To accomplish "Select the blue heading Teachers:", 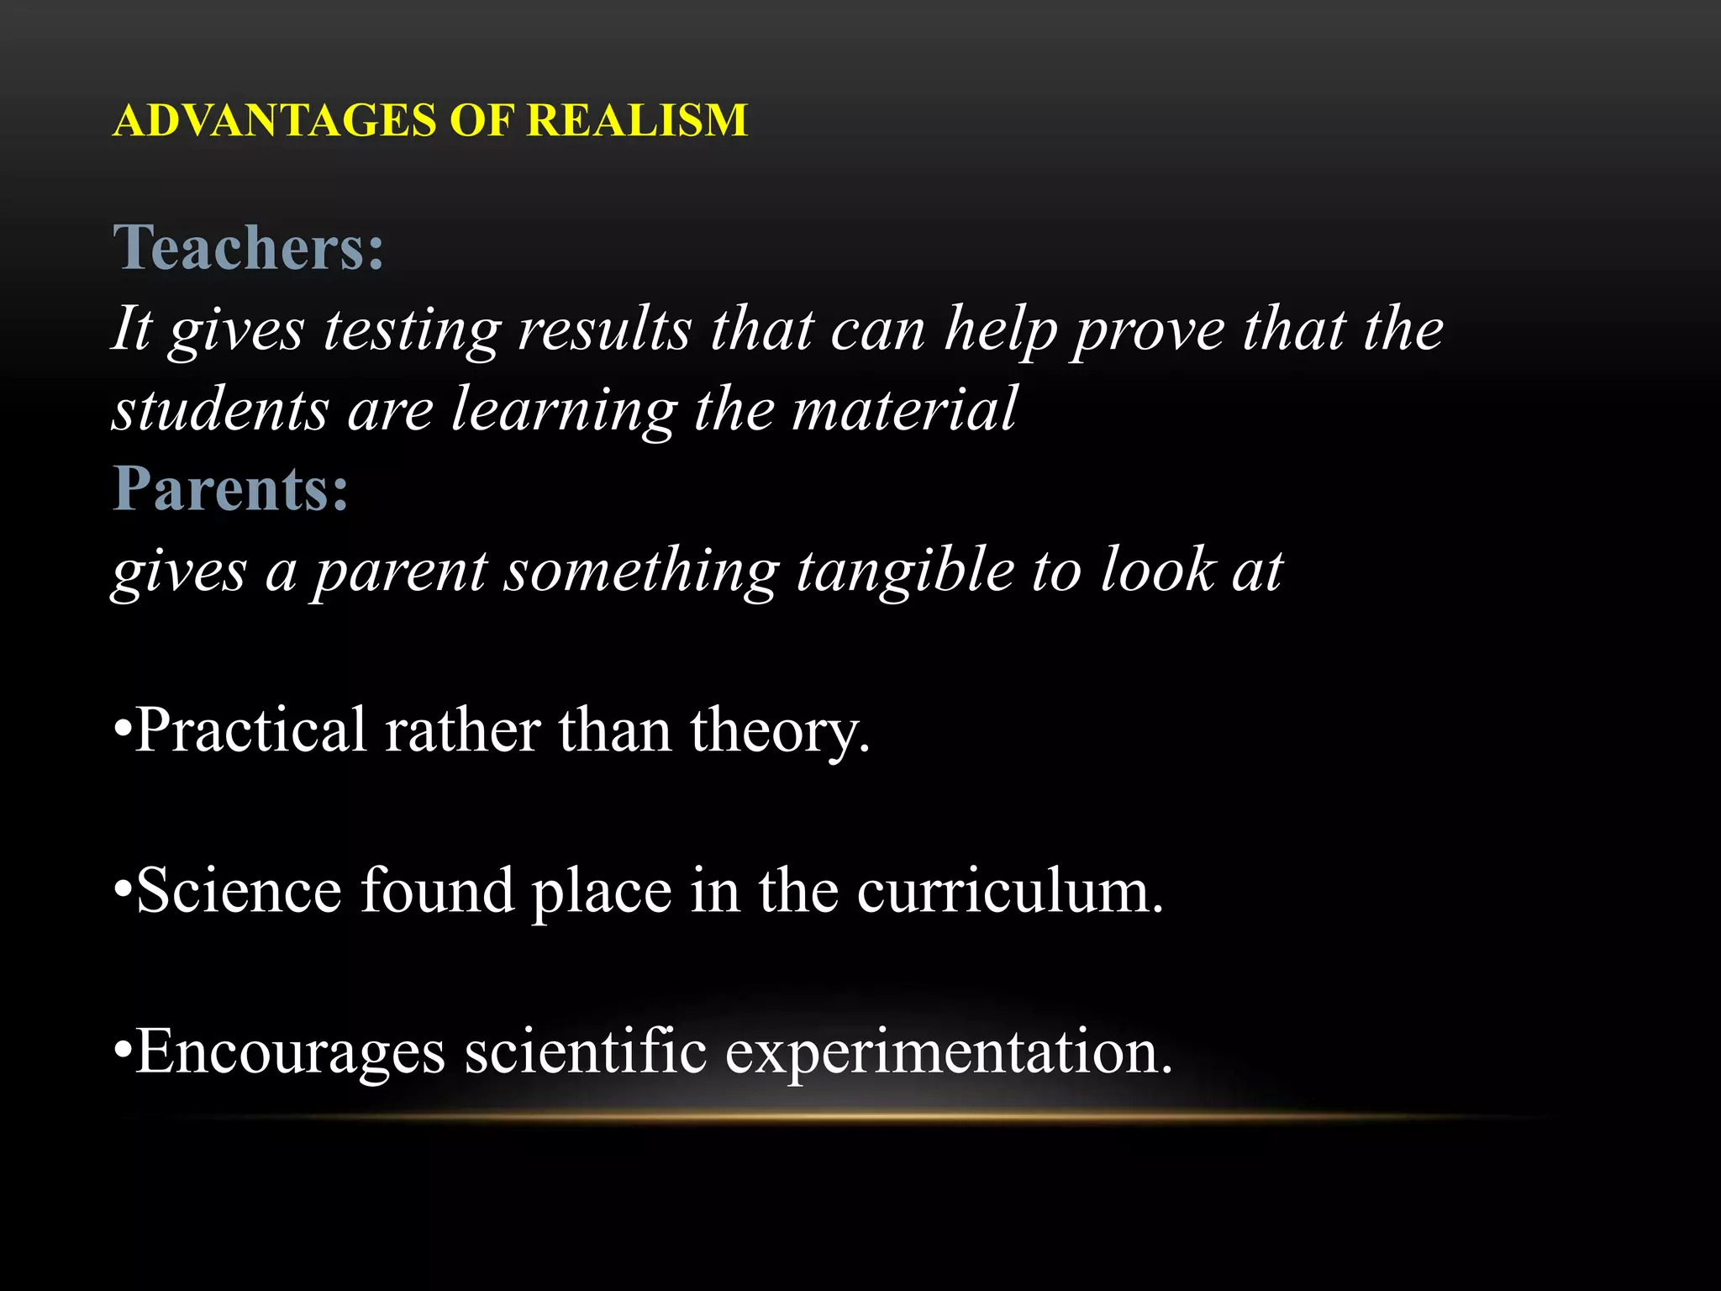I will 249,248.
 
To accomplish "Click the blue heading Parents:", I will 231,488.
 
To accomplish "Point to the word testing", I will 412,329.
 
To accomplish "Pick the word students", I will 220,410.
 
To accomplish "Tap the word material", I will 904,409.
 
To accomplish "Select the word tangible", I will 905,572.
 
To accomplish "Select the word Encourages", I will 290,1052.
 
